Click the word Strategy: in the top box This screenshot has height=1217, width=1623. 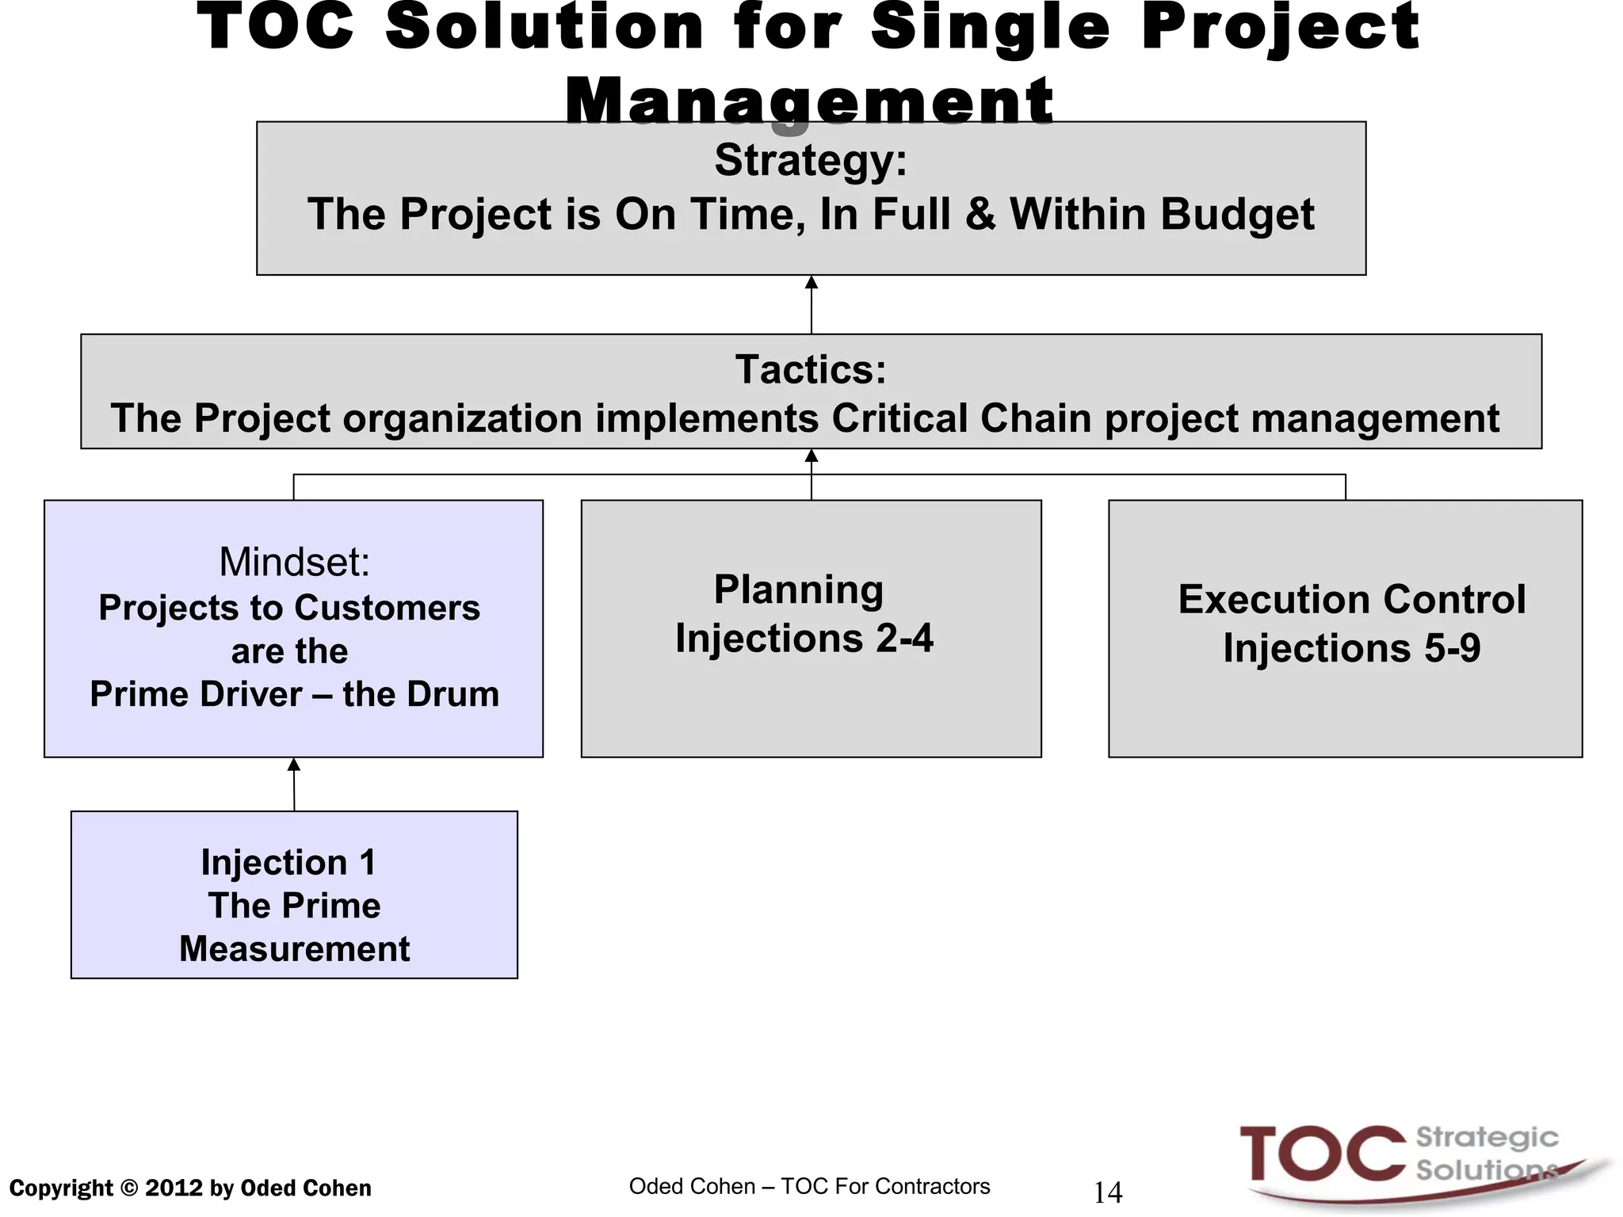(811, 161)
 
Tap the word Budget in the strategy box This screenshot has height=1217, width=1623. (1240, 215)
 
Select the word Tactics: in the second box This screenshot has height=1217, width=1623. (811, 369)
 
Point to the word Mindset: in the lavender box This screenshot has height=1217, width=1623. (294, 562)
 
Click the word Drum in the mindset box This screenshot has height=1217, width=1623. (460, 694)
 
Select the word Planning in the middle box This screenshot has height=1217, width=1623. (799, 589)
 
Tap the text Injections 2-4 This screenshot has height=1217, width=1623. (804, 639)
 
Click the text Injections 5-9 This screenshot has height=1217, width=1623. (1351, 648)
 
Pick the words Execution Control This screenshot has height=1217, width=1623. (1351, 599)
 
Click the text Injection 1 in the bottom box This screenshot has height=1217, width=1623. (288, 862)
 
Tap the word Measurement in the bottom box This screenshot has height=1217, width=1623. (294, 949)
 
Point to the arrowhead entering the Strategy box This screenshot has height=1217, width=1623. (811, 283)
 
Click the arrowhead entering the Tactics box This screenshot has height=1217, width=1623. (811, 456)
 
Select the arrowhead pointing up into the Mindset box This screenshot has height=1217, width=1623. (294, 765)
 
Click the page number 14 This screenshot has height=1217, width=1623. (1107, 1192)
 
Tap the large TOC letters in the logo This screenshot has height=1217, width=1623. (1321, 1154)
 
